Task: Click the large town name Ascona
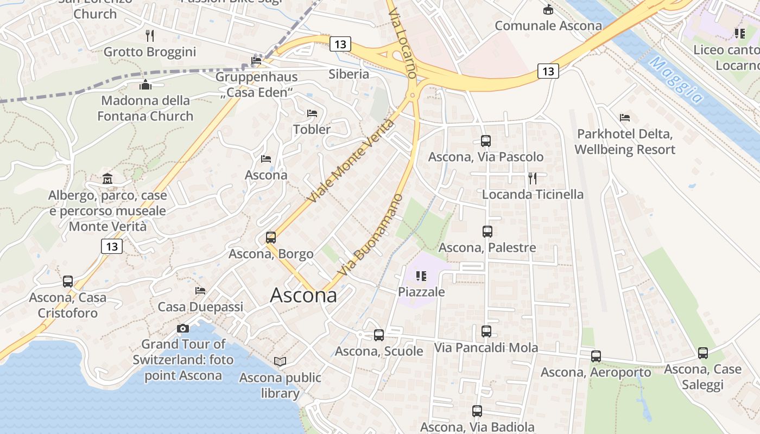pos(303,295)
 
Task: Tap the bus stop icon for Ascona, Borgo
pos(270,237)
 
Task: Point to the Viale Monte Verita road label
pos(351,161)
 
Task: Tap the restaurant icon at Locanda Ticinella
pos(533,178)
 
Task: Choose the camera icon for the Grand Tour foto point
pos(183,328)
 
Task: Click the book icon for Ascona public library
pos(280,361)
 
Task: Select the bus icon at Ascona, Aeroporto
pos(596,356)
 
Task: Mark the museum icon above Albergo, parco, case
pos(107,178)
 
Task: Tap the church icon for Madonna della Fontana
pos(145,85)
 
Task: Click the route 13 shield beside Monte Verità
pos(112,246)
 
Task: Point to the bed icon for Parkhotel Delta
pos(625,117)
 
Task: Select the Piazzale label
pos(421,292)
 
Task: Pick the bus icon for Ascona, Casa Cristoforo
pos(67,282)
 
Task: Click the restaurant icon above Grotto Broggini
pos(150,36)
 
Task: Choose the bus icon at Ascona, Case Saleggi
pos(703,353)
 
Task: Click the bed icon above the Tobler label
pos(312,113)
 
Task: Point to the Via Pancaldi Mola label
pos(486,348)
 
